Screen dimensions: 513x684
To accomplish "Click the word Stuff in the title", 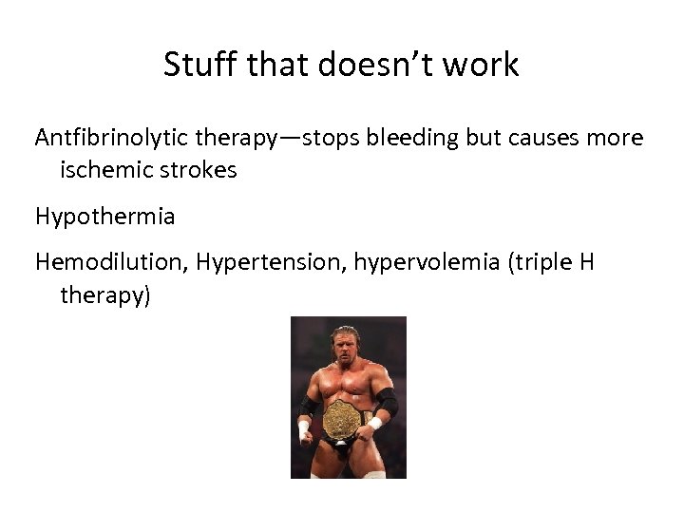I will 196,65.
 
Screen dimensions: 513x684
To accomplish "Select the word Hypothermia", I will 105,217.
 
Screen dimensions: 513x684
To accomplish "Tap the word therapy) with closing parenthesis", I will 105,295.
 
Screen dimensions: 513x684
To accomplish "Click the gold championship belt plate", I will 341,420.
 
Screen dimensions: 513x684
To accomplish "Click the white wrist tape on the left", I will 304,430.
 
